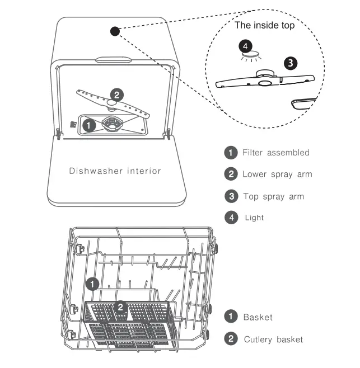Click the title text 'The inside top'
264,25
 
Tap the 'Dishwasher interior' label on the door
115,171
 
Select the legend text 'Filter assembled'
275,153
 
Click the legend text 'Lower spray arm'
277,174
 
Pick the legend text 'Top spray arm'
273,196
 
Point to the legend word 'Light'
254,218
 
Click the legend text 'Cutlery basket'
273,339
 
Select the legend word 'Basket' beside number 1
258,317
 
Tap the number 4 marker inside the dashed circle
246,45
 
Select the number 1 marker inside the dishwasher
88,125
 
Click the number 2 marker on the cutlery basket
120,307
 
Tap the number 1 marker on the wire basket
92,285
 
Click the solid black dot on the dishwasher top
115,31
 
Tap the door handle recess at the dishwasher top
114,59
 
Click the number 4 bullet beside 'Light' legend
230,218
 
